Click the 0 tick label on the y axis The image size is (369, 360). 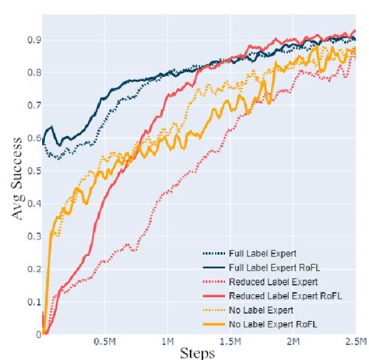[x=37, y=334]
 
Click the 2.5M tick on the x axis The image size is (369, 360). [x=354, y=341]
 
